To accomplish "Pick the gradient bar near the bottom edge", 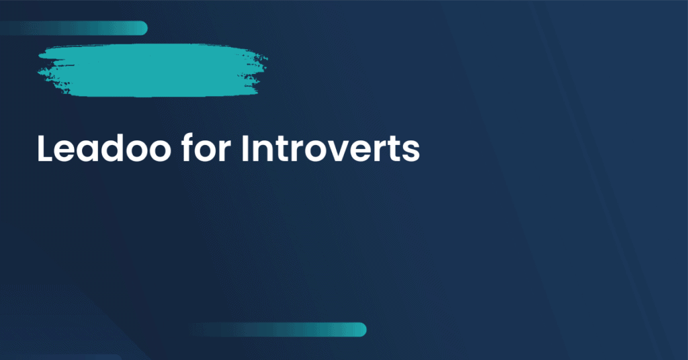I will (279, 329).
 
